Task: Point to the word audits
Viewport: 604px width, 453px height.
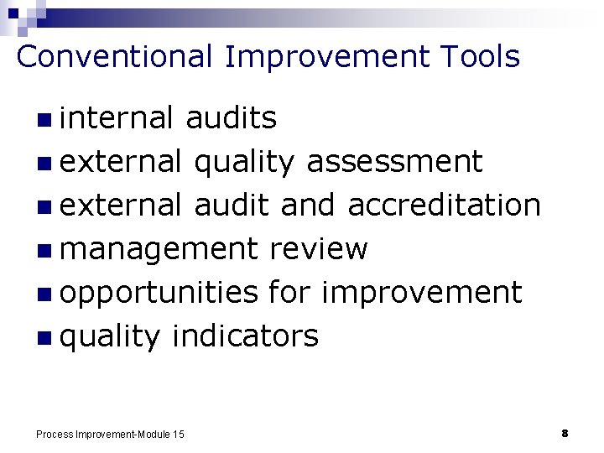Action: pos(231,118)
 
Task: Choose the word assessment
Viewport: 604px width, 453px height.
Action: pos(394,162)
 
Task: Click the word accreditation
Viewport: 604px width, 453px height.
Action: pos(444,205)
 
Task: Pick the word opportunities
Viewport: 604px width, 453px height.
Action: pos(159,293)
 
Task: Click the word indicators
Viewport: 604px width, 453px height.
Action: pos(245,336)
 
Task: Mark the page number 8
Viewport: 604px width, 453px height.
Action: pos(565,433)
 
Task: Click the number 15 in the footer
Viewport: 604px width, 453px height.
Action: pos(178,434)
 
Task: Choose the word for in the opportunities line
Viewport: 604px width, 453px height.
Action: pos(289,293)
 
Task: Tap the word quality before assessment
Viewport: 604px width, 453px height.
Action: pos(244,162)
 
